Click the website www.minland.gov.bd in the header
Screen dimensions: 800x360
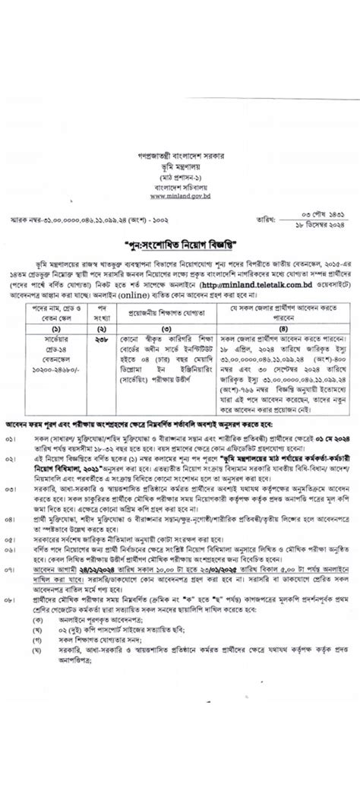click(x=180, y=196)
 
